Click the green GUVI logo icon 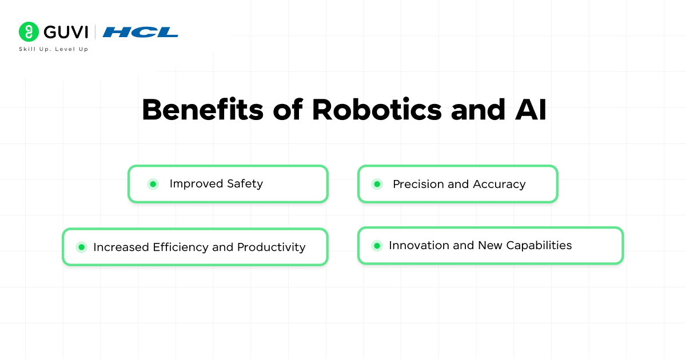[x=29, y=32]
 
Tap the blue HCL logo [x=140, y=32]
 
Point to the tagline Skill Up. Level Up [x=53, y=49]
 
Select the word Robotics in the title [x=377, y=110]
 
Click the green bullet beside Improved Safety [x=153, y=184]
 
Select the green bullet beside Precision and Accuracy [x=377, y=184]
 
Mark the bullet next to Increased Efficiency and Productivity [x=81, y=247]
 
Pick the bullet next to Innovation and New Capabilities [x=377, y=246]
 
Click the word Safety [x=244, y=184]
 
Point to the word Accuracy [x=499, y=185]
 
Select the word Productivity [x=271, y=247]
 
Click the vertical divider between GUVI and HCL [x=95, y=32]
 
